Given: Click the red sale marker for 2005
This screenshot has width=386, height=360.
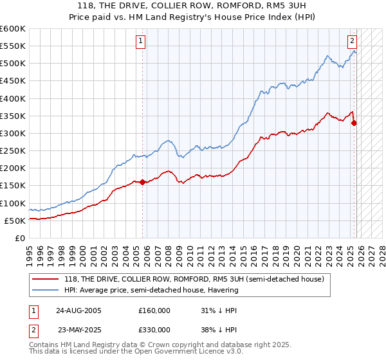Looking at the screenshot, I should (x=142, y=182).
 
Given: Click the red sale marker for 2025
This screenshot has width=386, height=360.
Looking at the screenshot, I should (x=354, y=123).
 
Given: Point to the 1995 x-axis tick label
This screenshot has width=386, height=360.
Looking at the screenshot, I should (x=30, y=252).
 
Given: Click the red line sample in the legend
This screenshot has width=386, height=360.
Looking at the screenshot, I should (x=46, y=279).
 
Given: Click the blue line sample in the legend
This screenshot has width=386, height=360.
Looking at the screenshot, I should (x=46, y=290).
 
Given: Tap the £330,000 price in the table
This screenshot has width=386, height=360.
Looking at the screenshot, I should (x=154, y=330).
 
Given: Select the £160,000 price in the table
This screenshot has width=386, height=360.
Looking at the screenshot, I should (x=154, y=310).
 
